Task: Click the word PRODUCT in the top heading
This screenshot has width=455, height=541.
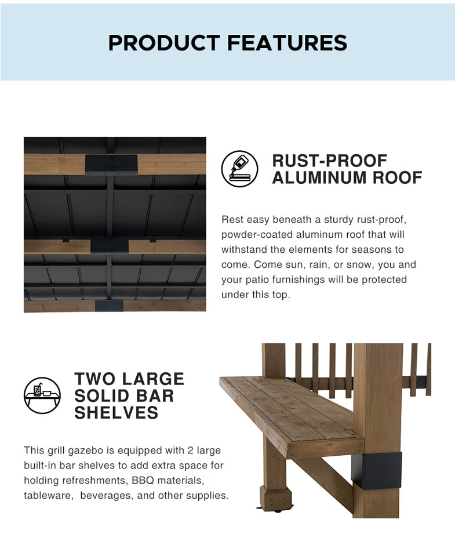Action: point(164,43)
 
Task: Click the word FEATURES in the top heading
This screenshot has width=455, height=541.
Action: point(287,43)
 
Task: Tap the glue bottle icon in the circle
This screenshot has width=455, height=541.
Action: point(239,169)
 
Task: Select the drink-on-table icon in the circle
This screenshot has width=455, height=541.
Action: point(42,395)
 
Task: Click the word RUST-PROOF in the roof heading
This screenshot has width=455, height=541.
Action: point(329,161)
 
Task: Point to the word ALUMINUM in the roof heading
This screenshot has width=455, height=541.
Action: point(319,177)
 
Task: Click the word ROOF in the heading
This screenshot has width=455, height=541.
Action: point(397,177)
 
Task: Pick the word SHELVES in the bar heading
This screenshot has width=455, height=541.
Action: point(117,413)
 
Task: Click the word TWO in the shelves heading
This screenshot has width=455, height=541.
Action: point(94,379)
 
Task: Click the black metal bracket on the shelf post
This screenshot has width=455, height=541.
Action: point(377,471)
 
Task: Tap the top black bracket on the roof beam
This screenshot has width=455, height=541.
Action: point(111,164)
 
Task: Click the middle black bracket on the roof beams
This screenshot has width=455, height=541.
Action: point(110,245)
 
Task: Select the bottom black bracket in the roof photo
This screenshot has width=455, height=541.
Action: point(109,306)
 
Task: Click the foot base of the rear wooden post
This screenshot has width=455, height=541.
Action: point(276,499)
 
